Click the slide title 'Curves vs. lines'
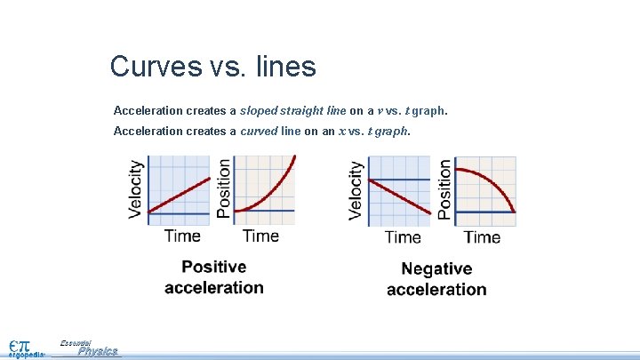[212, 66]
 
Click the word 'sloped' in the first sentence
[260, 111]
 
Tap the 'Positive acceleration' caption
[214, 276]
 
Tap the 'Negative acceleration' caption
[436, 278]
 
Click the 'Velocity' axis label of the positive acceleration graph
[136, 188]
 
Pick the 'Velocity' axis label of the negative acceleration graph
[356, 189]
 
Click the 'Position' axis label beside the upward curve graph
[223, 188]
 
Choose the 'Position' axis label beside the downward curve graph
[444, 188]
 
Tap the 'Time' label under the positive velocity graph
[182, 236]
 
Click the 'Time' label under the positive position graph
[260, 236]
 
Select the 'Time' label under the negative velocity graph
[403, 236]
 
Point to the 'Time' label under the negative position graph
[482, 236]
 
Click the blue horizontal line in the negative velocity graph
[400, 180]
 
